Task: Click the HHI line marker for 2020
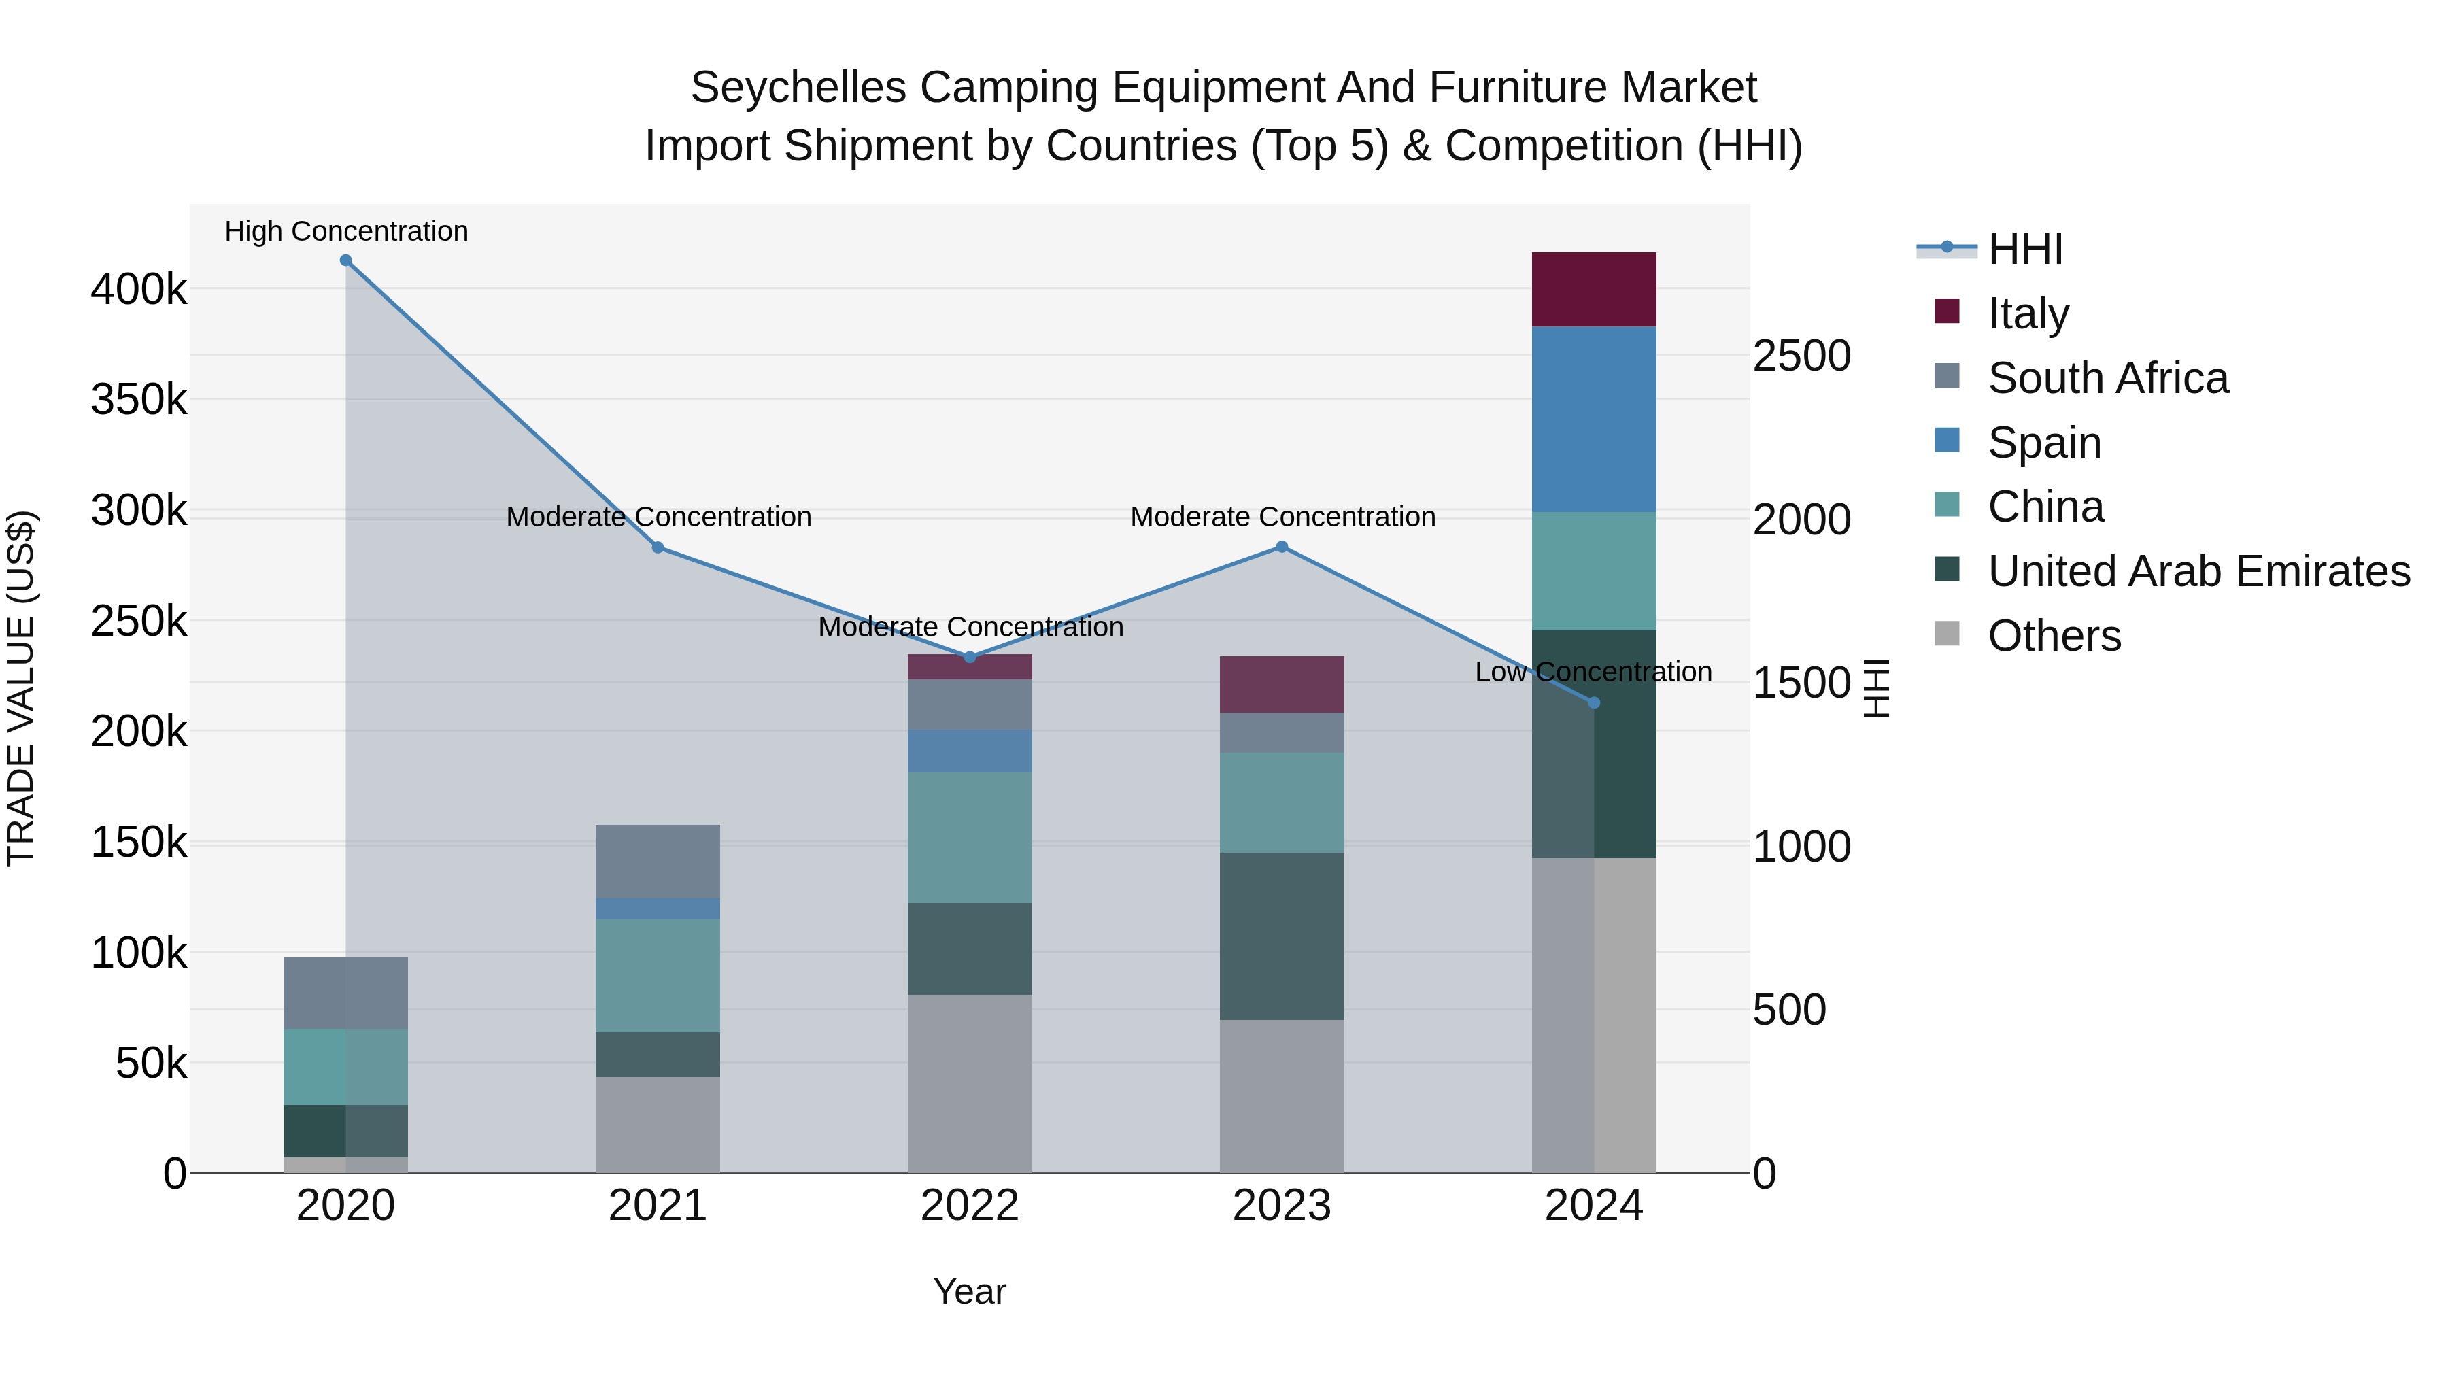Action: (x=346, y=260)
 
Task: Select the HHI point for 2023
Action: (x=1282, y=547)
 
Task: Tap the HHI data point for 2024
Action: (x=1595, y=703)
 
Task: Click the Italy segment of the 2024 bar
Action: (x=1595, y=290)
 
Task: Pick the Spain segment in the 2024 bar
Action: (x=1595, y=419)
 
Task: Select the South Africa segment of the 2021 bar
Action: (x=658, y=861)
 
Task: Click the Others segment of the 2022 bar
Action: (x=969, y=1083)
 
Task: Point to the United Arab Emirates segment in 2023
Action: (x=1282, y=936)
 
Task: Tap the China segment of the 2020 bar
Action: (x=346, y=1066)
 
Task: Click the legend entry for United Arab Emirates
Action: (x=2198, y=571)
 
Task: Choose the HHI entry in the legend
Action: (x=2024, y=249)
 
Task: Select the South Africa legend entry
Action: (x=2107, y=378)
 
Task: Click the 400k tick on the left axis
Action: (x=139, y=289)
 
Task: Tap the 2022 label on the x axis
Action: (x=969, y=1206)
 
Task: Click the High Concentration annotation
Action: (x=346, y=231)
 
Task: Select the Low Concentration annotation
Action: (x=1593, y=672)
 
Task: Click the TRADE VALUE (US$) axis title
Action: (x=21, y=688)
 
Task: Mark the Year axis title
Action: (x=969, y=1291)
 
